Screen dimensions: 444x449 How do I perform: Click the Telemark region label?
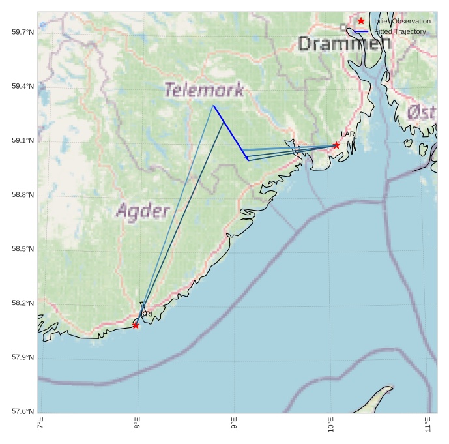pyautogui.click(x=204, y=90)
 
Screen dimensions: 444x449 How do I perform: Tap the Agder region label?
pyautogui.click(x=143, y=211)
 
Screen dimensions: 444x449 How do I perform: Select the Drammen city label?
pyautogui.click(x=344, y=43)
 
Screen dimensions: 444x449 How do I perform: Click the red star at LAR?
pyautogui.click(x=336, y=145)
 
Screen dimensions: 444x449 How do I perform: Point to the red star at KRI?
pyautogui.click(x=136, y=325)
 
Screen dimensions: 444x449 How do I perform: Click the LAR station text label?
pyautogui.click(x=348, y=134)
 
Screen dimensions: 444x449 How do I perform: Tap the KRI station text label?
pyautogui.click(x=147, y=314)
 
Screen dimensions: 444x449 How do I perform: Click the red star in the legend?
pyautogui.click(x=361, y=21)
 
